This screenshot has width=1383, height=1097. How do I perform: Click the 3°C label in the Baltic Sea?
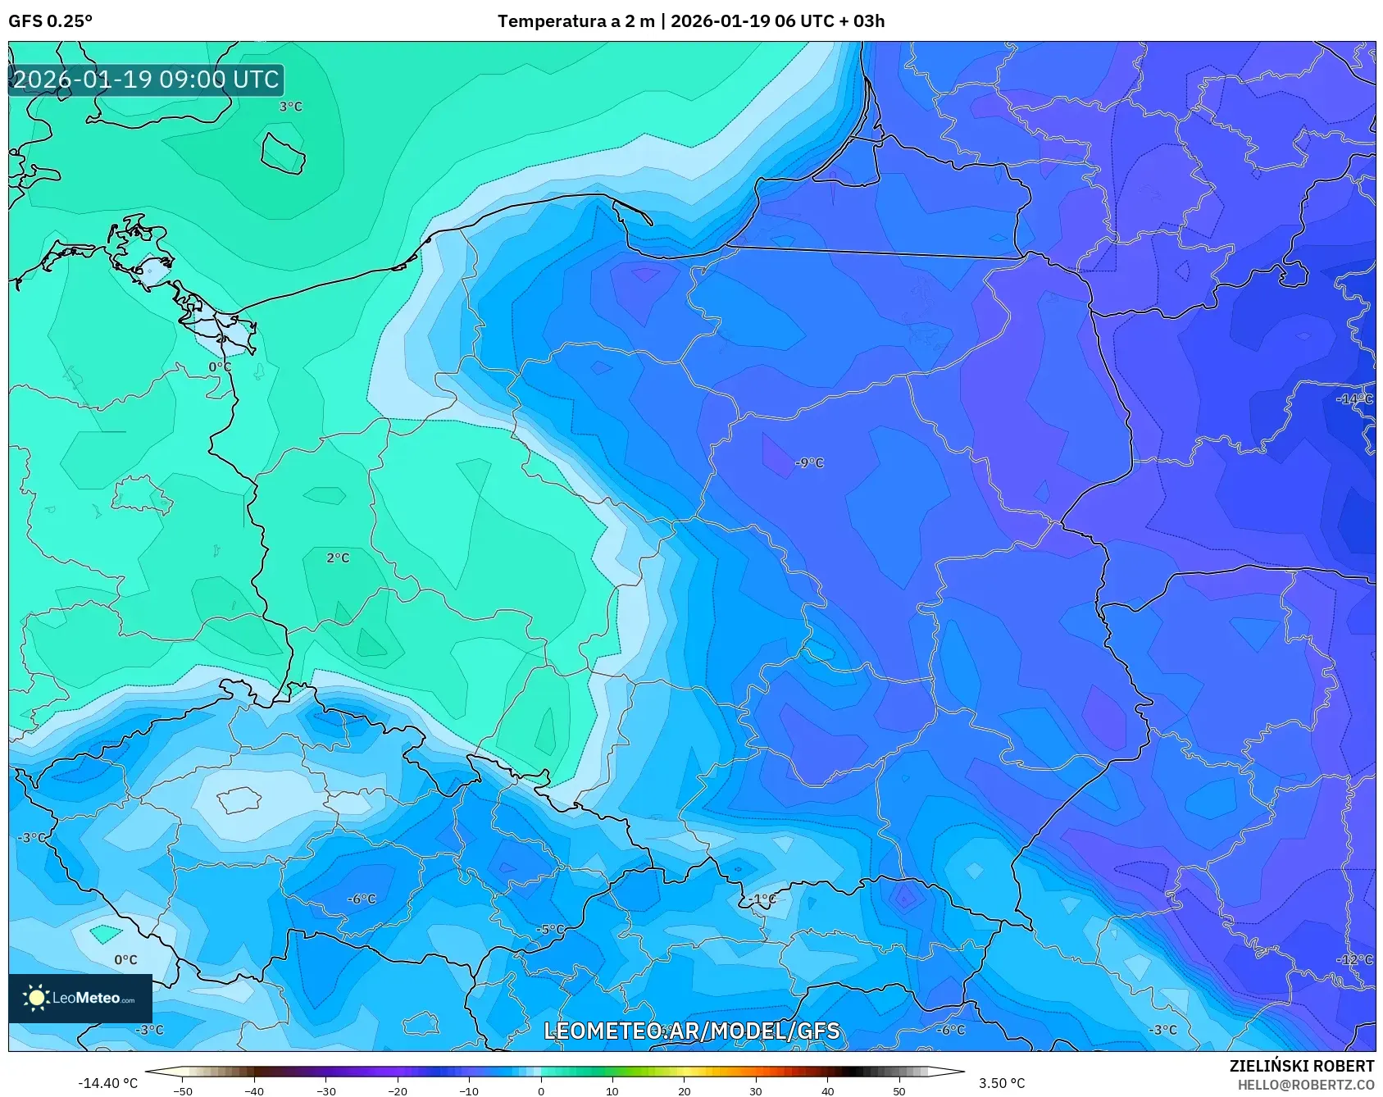click(290, 107)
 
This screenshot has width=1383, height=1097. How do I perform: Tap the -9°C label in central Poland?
click(808, 463)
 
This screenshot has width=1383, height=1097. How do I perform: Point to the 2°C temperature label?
click(338, 558)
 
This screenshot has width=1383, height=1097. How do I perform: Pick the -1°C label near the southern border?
click(762, 899)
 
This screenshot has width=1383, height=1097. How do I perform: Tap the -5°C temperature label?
click(550, 930)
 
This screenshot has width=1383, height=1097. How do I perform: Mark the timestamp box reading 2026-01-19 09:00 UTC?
click(146, 80)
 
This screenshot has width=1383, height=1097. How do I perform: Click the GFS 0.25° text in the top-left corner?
click(50, 20)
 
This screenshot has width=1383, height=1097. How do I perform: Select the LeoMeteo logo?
click(80, 998)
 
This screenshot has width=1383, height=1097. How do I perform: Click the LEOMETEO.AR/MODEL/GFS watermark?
click(692, 1031)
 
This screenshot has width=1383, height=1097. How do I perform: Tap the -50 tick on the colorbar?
click(183, 1090)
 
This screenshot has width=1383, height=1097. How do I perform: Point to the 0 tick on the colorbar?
click(540, 1090)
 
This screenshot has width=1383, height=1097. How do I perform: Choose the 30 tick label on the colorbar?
click(755, 1090)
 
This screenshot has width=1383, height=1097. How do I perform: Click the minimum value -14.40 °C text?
click(107, 1083)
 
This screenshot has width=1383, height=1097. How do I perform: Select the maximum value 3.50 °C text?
click(1001, 1083)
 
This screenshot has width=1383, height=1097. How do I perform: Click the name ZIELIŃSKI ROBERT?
click(1301, 1066)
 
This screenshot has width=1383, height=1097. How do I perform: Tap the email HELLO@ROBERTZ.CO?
click(1305, 1085)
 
